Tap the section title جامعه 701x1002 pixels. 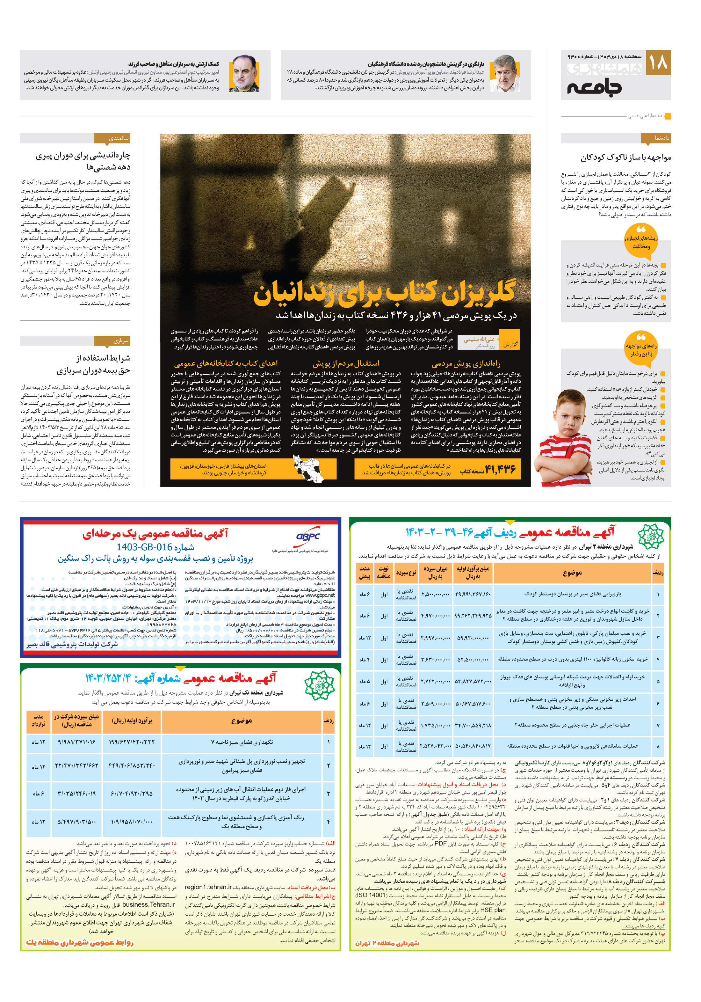[x=595, y=87]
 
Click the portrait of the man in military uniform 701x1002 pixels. [x=244, y=74]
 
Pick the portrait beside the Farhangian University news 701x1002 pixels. [x=505, y=74]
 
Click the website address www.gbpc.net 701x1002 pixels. [x=320, y=595]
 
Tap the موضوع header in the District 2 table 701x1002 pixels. [x=572, y=573]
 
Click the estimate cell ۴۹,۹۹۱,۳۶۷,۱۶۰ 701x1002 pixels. [x=473, y=594]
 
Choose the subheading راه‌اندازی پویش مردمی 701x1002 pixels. [x=466, y=364]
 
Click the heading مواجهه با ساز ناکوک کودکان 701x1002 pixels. [x=625, y=157]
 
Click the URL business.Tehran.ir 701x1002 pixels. [x=148, y=905]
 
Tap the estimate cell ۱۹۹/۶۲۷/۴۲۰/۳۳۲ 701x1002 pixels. [x=131, y=742]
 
